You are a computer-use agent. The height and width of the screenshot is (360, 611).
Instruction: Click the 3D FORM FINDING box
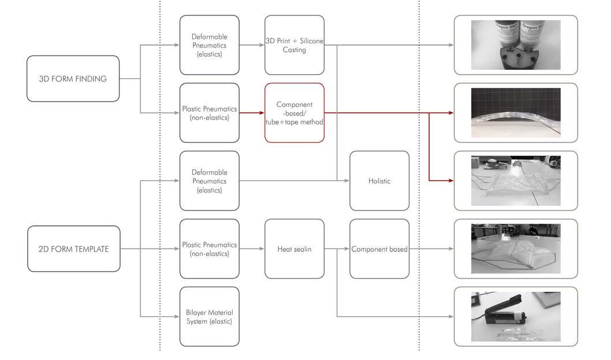tap(73, 79)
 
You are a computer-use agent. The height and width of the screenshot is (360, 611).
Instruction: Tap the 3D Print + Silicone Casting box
tap(295, 45)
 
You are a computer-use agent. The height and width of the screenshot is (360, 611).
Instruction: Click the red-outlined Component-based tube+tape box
tap(295, 113)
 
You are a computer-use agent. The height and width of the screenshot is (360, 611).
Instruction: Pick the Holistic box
tap(379, 181)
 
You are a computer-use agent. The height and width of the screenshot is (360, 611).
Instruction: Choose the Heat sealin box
tap(295, 249)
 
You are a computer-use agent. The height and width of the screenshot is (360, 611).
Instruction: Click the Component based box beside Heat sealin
tap(379, 249)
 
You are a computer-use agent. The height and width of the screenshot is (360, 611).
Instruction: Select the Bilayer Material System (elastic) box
tap(209, 316)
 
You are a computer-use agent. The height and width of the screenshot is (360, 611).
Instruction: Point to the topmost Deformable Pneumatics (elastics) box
tap(209, 45)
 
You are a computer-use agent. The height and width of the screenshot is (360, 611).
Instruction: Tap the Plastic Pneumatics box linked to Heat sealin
tap(209, 249)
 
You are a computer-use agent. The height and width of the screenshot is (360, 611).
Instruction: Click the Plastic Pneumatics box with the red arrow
tap(209, 113)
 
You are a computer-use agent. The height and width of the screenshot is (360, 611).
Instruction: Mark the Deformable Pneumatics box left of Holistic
tap(209, 181)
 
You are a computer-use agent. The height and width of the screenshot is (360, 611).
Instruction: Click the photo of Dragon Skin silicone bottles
tap(515, 45)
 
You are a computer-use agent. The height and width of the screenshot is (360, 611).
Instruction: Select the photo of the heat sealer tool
tap(515, 316)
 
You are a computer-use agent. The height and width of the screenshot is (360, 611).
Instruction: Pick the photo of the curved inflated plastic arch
tap(515, 113)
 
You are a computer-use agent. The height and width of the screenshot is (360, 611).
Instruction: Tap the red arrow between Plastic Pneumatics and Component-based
tap(252, 113)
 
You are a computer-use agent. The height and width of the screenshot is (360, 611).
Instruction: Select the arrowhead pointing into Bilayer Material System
tap(176, 316)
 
